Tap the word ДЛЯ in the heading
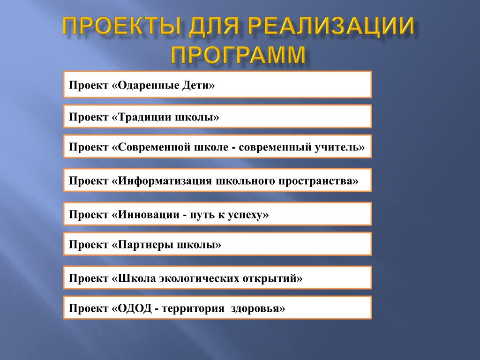click(214, 26)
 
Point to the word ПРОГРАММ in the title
click(239, 55)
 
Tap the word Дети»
click(199, 85)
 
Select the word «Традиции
click(141, 117)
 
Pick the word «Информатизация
click(162, 181)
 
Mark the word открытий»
click(272, 278)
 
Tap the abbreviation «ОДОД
click(132, 308)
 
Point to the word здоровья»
click(258, 308)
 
